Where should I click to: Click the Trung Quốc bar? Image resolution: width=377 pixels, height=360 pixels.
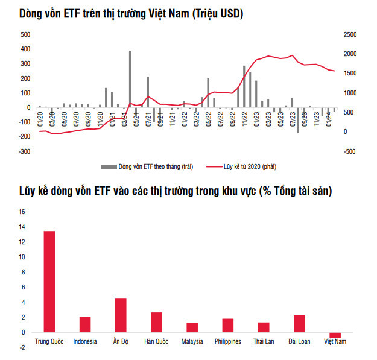pos(49,282)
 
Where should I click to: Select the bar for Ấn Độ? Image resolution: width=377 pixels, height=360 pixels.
pos(121,315)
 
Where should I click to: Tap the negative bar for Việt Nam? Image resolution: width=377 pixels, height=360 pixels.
pos(335,335)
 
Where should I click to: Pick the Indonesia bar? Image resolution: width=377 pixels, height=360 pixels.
pos(85,324)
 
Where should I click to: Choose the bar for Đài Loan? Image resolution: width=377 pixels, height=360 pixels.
pos(299,324)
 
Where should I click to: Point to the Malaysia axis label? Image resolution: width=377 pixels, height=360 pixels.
pos(192,342)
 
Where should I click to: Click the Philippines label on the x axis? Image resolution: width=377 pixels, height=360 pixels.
pos(227,342)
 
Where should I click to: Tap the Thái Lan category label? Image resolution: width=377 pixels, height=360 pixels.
pos(264,342)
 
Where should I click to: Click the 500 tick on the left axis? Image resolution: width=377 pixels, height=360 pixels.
pos(25,35)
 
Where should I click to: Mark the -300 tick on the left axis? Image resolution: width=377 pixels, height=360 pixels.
pos(24,151)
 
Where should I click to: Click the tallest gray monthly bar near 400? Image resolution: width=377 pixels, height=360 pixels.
pos(130,79)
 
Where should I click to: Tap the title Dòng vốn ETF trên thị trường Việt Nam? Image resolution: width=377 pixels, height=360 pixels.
pos(127,13)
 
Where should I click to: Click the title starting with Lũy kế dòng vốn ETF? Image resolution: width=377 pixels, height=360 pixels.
pos(176,191)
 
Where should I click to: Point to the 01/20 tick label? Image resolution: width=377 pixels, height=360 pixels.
pos(40,119)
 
